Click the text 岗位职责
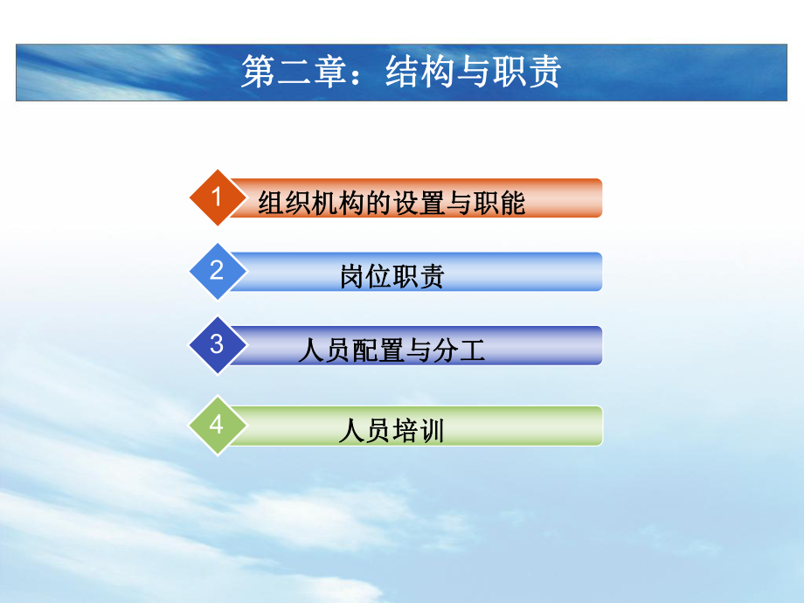[x=392, y=277]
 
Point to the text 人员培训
[x=392, y=432]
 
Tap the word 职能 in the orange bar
[x=500, y=204]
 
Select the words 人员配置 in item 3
[x=350, y=351]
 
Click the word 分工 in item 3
[x=458, y=351]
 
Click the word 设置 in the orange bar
[x=419, y=204]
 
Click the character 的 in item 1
[x=378, y=204]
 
